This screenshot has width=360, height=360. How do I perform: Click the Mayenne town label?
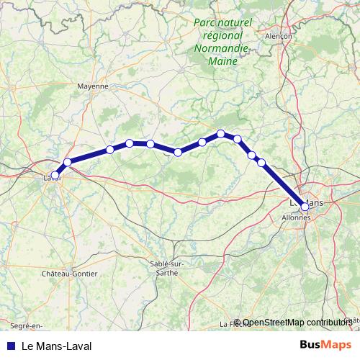pos(92,85)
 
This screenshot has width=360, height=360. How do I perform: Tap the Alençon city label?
pos(279,35)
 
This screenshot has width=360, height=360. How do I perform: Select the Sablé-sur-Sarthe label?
pos(167,267)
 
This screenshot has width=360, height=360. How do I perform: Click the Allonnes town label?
pos(296,216)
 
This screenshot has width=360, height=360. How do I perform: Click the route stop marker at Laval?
pos(55,175)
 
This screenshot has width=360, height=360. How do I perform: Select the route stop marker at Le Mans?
pos(305,207)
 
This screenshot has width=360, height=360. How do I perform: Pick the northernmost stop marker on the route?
pos(221,133)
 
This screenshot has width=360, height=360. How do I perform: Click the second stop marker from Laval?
pos(68,162)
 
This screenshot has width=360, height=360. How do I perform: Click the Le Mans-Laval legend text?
pos(57,346)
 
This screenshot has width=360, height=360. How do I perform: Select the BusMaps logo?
pos(325,345)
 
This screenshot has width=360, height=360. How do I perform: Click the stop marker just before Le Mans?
pos(261,163)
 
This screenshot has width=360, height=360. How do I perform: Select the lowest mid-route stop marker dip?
pos(178,152)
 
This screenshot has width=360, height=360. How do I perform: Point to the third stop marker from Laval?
pos(110,150)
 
